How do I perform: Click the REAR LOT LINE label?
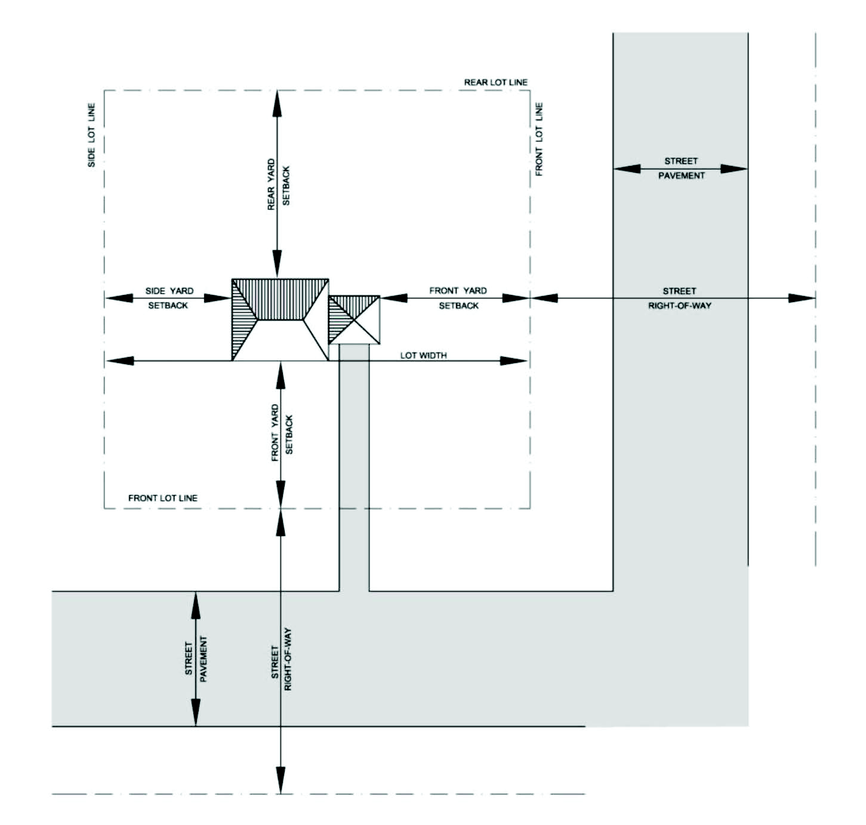495,82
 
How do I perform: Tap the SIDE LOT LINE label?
91,136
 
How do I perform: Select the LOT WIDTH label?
423,355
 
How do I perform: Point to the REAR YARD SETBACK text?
278,184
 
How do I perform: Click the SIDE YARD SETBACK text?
169,298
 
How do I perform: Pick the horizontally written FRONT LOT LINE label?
162,498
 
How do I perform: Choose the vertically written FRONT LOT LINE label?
539,139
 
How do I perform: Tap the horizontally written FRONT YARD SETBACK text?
458,298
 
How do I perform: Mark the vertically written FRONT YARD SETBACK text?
282,433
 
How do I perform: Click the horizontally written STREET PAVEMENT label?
681,168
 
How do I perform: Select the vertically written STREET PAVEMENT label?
196,659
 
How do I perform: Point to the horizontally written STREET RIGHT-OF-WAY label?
680,298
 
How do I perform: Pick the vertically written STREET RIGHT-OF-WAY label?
281,659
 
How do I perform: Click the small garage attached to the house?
354,320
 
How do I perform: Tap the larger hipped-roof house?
280,320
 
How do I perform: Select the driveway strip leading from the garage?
354,467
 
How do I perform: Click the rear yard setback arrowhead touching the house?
277,263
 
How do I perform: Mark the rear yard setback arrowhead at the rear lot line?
277,104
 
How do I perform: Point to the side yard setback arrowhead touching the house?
218,298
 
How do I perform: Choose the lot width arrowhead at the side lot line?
120,361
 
